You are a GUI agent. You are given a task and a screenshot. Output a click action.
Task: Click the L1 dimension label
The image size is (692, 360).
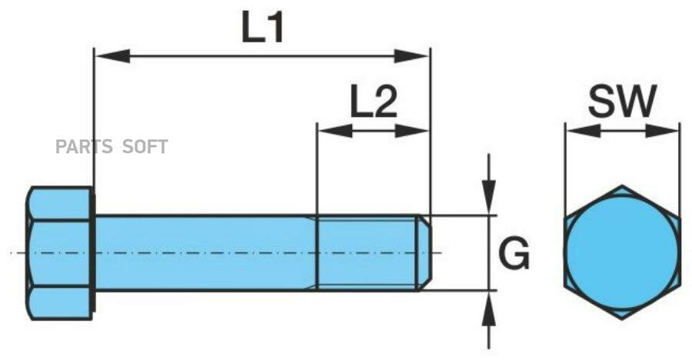(262, 27)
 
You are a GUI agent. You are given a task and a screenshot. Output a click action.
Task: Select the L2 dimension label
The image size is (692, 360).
(374, 102)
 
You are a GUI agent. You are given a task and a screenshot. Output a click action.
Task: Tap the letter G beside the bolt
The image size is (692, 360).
(514, 253)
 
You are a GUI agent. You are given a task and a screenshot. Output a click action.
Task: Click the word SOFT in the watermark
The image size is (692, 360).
(145, 146)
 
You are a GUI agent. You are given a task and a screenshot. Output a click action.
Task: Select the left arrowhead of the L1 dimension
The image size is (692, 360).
(112, 56)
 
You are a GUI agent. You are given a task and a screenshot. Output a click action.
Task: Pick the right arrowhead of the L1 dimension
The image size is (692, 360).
(411, 56)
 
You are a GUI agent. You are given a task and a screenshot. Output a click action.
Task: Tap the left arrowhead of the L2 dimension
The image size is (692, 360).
(335, 131)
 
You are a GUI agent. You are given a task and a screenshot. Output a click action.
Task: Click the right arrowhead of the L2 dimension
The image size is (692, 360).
(411, 131)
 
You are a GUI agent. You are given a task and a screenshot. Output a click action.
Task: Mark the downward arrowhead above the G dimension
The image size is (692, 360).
(488, 197)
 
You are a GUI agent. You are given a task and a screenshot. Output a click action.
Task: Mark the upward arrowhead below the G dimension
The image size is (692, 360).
(488, 308)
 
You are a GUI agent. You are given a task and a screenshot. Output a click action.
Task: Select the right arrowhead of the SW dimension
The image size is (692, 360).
(661, 131)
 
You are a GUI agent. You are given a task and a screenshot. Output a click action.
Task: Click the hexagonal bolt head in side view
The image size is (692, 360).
(61, 253)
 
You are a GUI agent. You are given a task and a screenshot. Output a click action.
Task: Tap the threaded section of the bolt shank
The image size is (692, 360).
(368, 253)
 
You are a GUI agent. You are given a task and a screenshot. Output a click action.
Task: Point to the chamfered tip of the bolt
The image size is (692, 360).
(424, 253)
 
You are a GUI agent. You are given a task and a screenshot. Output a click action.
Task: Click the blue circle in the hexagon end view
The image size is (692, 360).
(622, 252)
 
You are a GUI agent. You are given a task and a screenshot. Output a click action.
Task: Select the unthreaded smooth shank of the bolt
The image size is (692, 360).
(205, 253)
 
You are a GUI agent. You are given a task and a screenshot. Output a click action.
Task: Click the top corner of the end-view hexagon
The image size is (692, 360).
(622, 185)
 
